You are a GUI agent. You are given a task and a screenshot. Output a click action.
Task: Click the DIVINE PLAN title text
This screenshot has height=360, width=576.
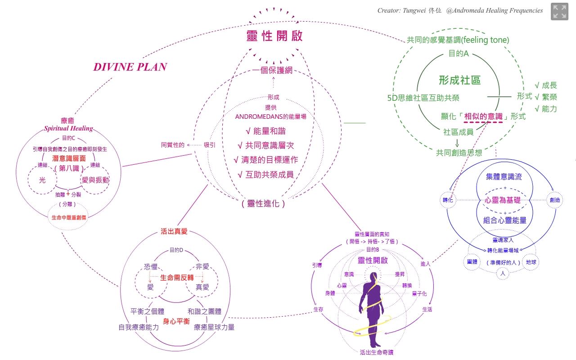pyautogui.click(x=130, y=67)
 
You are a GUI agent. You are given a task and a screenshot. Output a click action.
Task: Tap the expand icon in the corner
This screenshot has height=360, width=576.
pyautogui.click(x=559, y=12)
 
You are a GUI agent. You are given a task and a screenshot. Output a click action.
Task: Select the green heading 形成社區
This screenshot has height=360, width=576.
pyautogui.click(x=459, y=81)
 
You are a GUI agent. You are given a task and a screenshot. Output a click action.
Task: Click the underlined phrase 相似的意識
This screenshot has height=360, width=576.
pyautogui.click(x=483, y=116)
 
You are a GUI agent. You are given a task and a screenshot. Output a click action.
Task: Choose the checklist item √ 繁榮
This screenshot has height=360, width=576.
pyautogui.click(x=545, y=97)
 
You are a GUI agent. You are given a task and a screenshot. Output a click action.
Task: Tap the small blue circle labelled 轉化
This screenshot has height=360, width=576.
pyautogui.click(x=447, y=200)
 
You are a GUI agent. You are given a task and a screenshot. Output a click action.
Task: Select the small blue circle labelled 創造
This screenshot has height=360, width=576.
pyautogui.click(x=554, y=200)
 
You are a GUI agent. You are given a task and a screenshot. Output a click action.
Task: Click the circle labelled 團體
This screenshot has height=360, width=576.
pyautogui.click(x=472, y=261)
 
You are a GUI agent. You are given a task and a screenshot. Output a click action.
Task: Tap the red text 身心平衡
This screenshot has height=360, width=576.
pyautogui.click(x=175, y=321)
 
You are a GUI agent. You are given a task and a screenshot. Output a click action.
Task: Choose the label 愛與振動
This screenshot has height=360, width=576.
pyautogui.click(x=95, y=180)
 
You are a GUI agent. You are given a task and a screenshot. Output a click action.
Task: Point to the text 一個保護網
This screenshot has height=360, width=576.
pyautogui.click(x=273, y=71)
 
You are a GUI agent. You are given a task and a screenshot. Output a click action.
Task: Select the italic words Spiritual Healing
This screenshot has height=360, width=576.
pyautogui.click(x=68, y=128)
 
